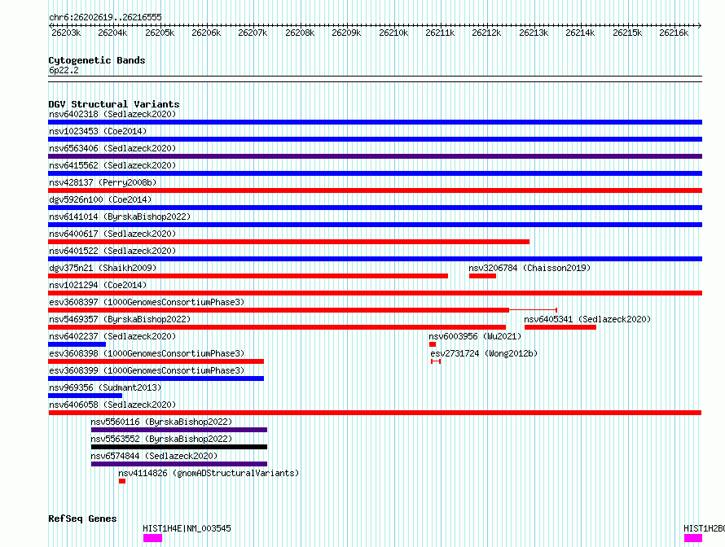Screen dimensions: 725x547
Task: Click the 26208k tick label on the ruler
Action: coord(300,33)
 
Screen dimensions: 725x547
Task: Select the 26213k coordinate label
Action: coord(534,33)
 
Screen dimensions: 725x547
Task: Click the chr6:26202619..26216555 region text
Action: coord(105,18)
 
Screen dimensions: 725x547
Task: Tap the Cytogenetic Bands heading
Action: coord(97,60)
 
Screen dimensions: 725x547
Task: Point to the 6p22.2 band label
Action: coord(64,70)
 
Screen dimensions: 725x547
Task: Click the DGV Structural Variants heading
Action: coord(114,104)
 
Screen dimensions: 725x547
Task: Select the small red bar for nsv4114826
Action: coord(122,481)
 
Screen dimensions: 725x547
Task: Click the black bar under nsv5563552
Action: coord(179,447)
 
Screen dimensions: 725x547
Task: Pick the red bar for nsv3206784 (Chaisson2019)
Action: coord(482,276)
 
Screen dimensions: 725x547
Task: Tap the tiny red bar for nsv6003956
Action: coord(433,344)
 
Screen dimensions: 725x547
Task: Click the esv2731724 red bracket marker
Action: coord(436,361)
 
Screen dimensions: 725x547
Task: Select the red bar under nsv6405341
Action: coord(560,327)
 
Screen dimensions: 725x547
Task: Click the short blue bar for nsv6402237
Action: coord(77,344)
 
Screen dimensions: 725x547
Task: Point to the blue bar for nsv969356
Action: coord(85,396)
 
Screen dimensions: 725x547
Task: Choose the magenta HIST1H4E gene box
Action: coord(152,538)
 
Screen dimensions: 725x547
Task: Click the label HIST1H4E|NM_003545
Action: coord(187,528)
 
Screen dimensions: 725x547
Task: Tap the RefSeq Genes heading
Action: coord(82,519)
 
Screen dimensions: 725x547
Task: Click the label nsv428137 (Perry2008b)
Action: coord(103,182)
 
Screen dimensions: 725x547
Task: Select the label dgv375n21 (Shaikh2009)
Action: coord(103,268)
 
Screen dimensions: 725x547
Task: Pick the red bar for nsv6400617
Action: coord(288,242)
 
